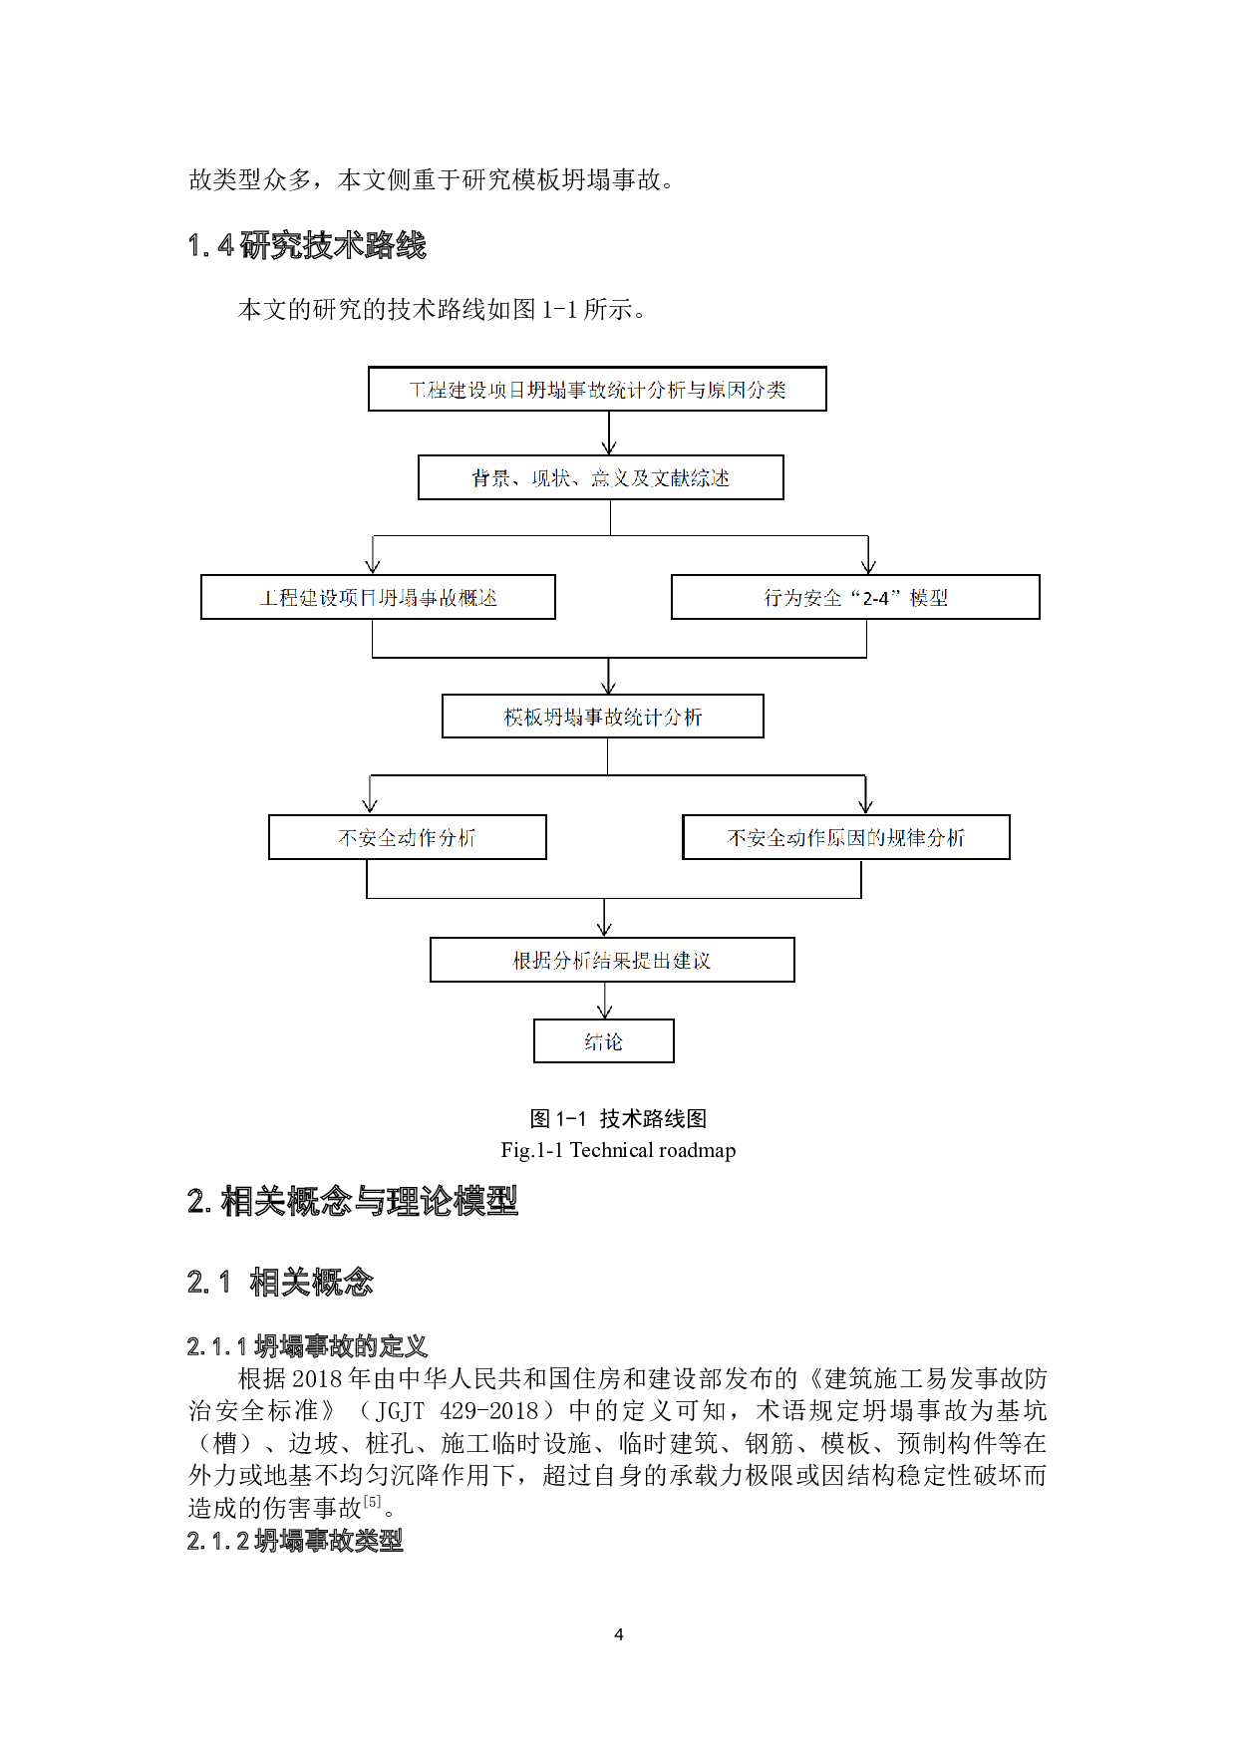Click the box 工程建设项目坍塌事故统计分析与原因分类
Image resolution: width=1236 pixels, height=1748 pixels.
[x=597, y=389]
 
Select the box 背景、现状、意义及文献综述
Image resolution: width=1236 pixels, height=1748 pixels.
[x=600, y=477]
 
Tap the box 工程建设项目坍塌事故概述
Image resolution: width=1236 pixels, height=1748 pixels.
[x=378, y=597]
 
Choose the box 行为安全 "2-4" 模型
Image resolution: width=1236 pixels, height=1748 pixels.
[x=855, y=597]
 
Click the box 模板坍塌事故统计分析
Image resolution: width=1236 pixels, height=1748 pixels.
[x=602, y=717]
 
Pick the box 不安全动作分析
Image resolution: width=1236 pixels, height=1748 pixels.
[x=407, y=837]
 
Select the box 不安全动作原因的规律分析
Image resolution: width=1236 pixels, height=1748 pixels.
[x=845, y=837]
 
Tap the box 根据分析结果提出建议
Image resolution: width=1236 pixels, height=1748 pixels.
[x=612, y=960]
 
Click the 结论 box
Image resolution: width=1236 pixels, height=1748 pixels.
[x=603, y=1041]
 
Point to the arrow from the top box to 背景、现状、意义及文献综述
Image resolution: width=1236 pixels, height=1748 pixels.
[x=609, y=433]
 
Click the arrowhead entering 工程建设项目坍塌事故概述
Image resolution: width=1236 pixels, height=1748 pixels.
[x=373, y=566]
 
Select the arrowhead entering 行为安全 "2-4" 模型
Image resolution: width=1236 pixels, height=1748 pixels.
[x=868, y=566]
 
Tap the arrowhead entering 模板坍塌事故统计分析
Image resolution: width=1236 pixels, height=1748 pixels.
[x=609, y=686]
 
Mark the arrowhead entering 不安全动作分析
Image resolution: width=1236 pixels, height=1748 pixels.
[x=370, y=805]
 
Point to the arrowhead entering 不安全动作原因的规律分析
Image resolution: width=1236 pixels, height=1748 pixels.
[x=865, y=805]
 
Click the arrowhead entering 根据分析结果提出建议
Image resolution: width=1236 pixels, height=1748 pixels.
[x=604, y=928]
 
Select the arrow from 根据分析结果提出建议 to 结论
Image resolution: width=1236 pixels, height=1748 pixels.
[x=604, y=1001]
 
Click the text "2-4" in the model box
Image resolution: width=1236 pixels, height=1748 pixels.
[x=875, y=598]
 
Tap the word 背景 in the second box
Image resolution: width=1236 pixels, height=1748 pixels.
[x=490, y=478]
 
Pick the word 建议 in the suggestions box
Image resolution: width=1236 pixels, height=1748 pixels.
[x=692, y=961]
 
